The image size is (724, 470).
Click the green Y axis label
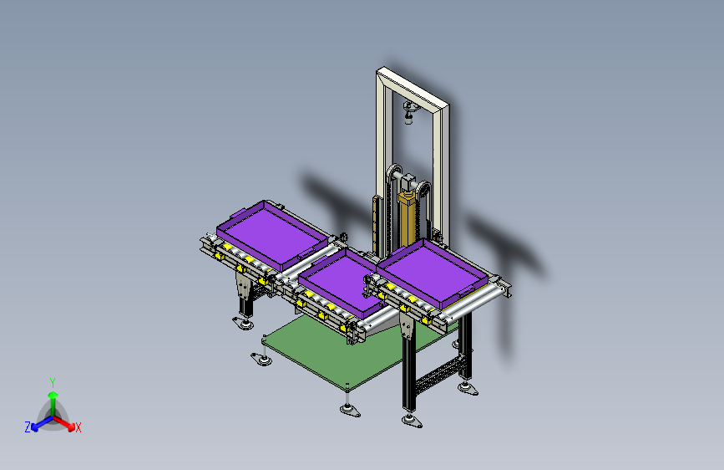53,382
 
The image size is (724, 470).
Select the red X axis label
78,427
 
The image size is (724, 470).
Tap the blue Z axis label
28,427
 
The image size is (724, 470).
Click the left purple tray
272,235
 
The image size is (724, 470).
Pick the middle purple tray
341,281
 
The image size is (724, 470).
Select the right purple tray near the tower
432,273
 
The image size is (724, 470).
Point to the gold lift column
408,217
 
